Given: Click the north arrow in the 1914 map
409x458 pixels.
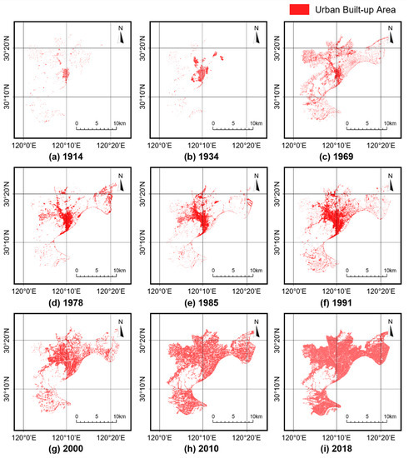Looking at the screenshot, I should [x=121, y=36].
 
